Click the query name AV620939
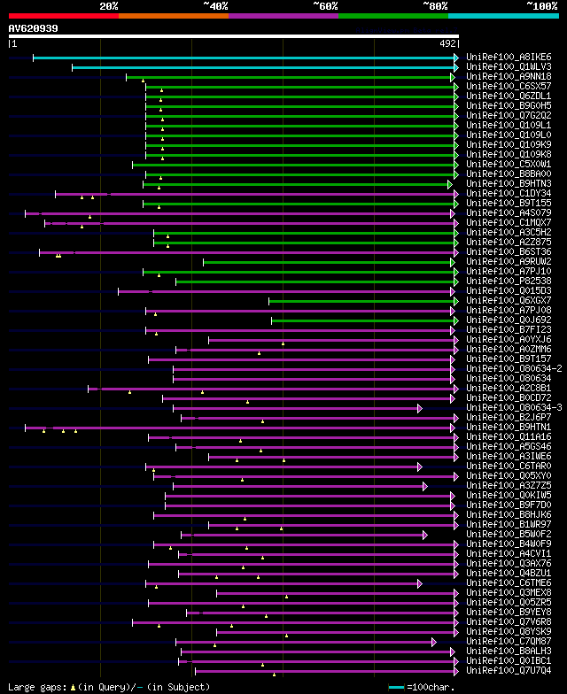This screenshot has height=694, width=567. click(34, 28)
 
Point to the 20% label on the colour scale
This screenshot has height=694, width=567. click(109, 6)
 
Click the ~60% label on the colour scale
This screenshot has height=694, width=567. click(325, 6)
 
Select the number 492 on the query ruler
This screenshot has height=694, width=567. click(447, 42)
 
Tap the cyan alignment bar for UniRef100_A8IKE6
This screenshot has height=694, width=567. click(244, 58)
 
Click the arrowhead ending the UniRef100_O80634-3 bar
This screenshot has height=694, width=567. click(420, 408)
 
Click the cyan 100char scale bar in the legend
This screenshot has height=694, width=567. click(396, 687)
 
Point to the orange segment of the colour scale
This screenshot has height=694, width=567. click(173, 15)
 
